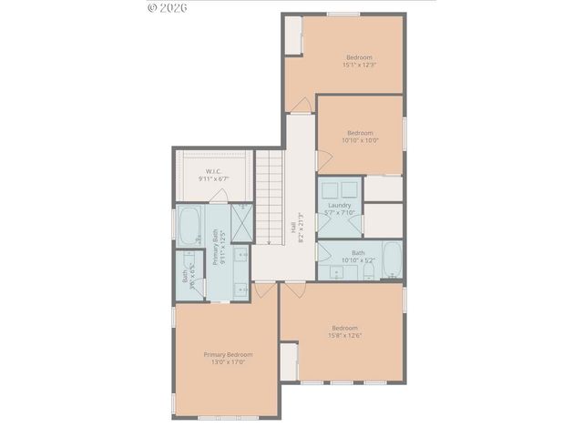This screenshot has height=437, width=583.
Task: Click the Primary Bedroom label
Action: (x=227, y=354)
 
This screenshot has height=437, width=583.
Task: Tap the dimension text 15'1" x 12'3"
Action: (x=359, y=65)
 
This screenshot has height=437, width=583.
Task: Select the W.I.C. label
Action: (x=213, y=171)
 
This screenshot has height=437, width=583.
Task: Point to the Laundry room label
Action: (x=340, y=206)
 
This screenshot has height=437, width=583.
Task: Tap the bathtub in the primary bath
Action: (x=189, y=226)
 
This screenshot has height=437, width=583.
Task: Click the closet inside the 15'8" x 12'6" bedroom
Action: (x=289, y=362)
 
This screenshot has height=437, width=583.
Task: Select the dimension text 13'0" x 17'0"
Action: (x=227, y=361)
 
